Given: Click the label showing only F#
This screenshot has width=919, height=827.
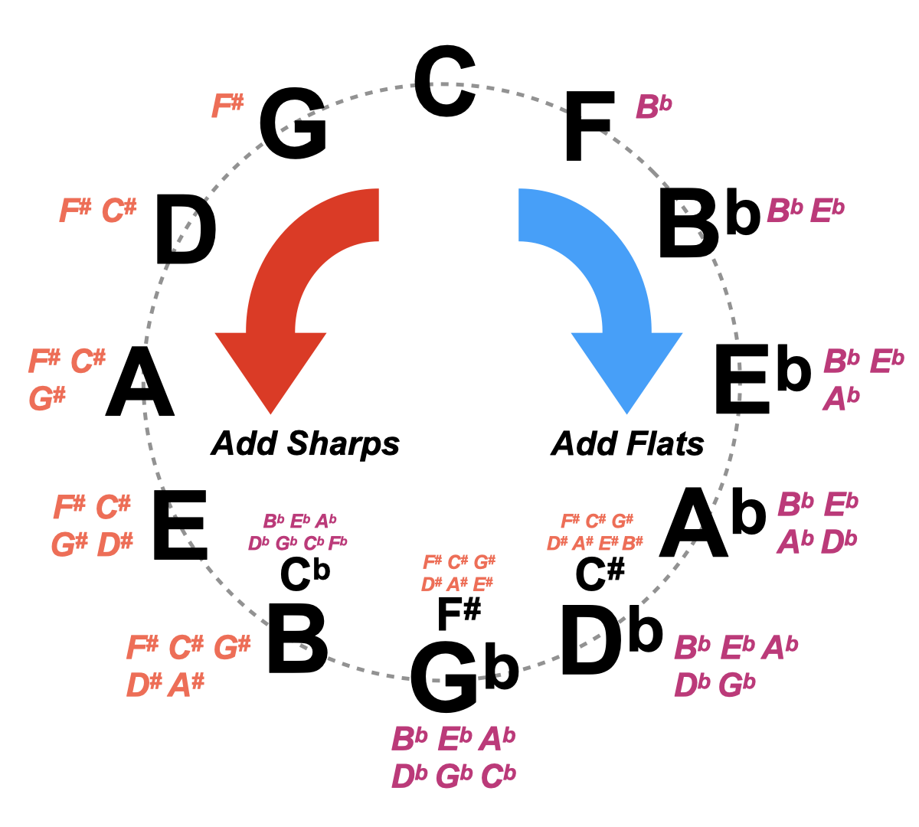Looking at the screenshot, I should click(x=227, y=106).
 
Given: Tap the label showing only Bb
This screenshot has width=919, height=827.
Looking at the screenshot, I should click(x=653, y=107).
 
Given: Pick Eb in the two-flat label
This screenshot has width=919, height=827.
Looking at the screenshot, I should click(x=826, y=211).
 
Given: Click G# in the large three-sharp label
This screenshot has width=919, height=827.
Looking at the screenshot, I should click(x=47, y=399).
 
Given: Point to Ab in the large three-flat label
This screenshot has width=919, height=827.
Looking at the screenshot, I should click(x=841, y=399).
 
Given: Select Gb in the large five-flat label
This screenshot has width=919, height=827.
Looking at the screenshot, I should click(x=736, y=685).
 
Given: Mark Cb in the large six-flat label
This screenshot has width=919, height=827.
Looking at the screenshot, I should click(x=498, y=776).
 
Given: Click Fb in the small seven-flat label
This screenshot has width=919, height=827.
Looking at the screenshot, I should click(x=338, y=543).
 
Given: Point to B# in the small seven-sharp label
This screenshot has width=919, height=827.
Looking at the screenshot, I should click(x=632, y=543).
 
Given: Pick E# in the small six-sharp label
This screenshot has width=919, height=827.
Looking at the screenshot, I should click(x=482, y=584).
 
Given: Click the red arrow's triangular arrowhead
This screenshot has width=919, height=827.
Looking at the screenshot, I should click(x=271, y=368).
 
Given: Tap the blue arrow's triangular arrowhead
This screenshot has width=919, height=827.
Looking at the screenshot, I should click(x=626, y=368).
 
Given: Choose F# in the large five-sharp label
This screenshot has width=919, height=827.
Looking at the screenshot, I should click(x=142, y=648).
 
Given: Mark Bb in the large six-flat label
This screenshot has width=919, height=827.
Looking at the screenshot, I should click(x=409, y=740).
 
